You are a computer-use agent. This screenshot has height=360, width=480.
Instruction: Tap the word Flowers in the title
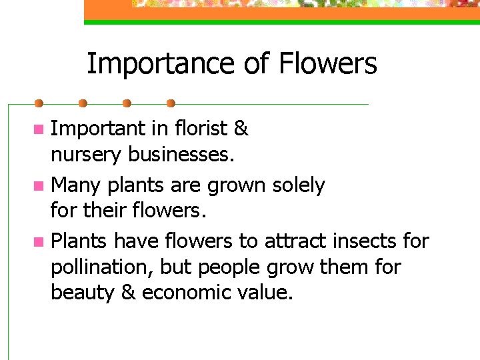coord(328,64)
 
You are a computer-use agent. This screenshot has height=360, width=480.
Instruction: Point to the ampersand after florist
coord(241,128)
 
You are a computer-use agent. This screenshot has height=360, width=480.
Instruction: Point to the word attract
coord(294,240)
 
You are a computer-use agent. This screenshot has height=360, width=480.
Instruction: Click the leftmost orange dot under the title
coord(39,103)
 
